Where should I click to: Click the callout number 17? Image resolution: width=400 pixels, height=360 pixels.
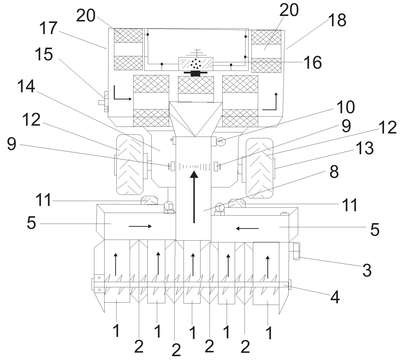click(49, 28)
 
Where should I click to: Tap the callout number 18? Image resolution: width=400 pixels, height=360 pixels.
click(337, 20)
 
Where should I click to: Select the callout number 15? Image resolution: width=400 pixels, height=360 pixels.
click(44, 54)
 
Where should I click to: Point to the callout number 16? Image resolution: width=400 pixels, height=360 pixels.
click(312, 63)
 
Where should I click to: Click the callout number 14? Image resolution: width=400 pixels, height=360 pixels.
click(26, 87)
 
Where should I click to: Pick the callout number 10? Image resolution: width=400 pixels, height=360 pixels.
click(345, 107)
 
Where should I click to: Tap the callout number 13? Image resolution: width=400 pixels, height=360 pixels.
click(365, 148)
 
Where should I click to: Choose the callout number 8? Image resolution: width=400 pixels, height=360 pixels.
click(334, 172)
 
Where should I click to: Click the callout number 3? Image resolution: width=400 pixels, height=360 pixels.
click(367, 270)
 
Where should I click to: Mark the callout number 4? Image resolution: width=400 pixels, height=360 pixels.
click(335, 297)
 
